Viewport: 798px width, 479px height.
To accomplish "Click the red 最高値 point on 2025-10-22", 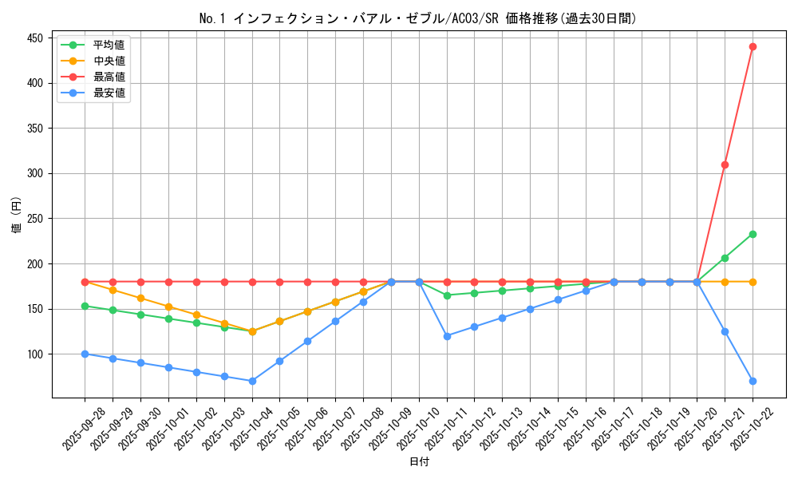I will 753,46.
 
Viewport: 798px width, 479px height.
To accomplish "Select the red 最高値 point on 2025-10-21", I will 725,164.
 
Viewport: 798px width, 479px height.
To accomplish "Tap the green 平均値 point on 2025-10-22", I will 753,234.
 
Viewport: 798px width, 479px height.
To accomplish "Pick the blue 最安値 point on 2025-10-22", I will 753,381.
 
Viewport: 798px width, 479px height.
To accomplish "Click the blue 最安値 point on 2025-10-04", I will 252,381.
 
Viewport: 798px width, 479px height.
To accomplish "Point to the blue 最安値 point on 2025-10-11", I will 447,336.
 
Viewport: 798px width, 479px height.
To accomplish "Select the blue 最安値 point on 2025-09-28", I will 85,354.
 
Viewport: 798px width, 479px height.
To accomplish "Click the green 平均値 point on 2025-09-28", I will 85,306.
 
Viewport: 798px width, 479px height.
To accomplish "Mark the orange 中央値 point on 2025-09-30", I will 140,298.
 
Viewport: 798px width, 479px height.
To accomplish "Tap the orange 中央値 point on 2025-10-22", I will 753,282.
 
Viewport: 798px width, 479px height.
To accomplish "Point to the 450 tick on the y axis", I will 37,38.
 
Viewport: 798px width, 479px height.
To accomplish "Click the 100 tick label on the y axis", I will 37,354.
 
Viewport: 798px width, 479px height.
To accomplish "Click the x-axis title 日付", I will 419,462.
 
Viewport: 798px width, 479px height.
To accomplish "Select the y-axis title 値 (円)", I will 16,216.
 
